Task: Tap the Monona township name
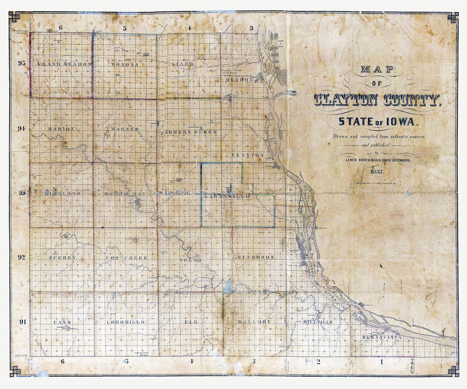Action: [x=125, y=64]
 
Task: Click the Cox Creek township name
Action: [x=127, y=258]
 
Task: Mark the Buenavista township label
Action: [x=382, y=337]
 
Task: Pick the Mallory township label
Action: [x=254, y=322]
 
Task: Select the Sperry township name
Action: [x=62, y=258]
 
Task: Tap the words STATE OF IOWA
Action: [x=377, y=122]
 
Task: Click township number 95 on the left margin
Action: [x=22, y=63]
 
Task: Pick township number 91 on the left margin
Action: [x=22, y=322]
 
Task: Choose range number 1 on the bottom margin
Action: [x=381, y=361]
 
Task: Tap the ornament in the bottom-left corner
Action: [x=15, y=371]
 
